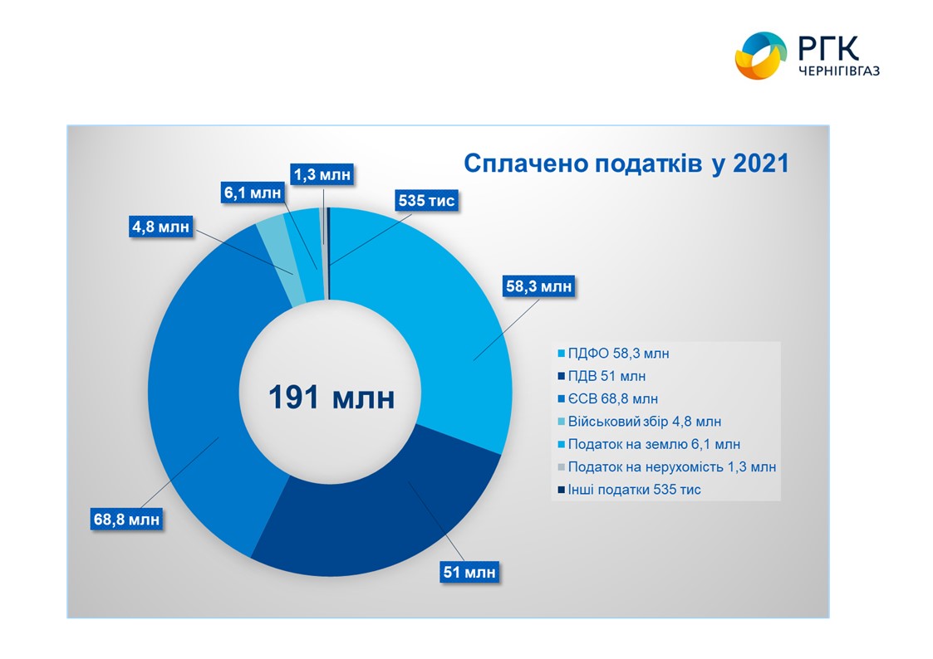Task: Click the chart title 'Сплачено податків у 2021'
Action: pos(625,164)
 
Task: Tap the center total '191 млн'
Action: pos(331,398)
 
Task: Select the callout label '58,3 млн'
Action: pos(538,287)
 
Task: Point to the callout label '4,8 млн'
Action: pos(160,226)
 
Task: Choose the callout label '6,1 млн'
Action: pos(253,192)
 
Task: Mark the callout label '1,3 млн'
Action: pos(322,174)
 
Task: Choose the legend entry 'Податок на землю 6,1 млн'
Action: pos(653,444)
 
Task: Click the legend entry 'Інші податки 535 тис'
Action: pos(634,490)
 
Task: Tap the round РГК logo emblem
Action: pos(759,56)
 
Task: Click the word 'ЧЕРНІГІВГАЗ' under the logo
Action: pos(837,72)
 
